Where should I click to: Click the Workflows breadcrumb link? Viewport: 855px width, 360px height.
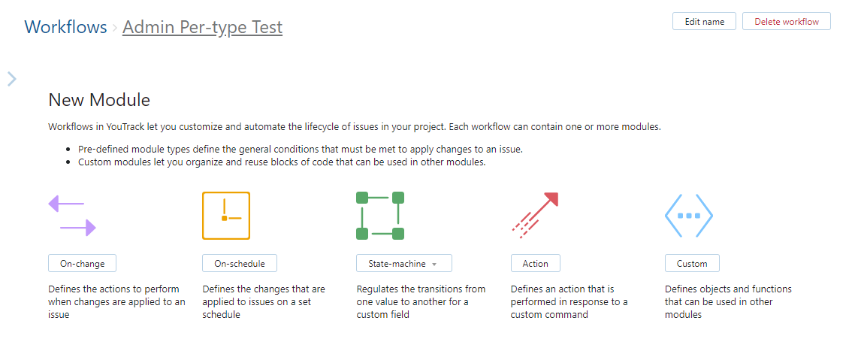[x=65, y=27]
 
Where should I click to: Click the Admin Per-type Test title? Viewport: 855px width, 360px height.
[x=202, y=27]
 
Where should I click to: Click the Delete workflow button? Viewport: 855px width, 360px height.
[x=786, y=22]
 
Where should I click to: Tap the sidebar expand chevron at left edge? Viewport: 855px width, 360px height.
[x=12, y=79]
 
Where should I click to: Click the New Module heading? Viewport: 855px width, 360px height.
[x=99, y=100]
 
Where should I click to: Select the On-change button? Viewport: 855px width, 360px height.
[x=82, y=263]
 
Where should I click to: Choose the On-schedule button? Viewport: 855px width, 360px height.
[x=239, y=263]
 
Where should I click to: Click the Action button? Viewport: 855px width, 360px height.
[x=535, y=263]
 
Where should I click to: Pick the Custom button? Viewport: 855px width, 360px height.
[x=691, y=263]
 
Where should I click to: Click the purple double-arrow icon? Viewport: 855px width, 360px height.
[x=72, y=216]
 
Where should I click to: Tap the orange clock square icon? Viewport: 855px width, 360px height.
[x=225, y=216]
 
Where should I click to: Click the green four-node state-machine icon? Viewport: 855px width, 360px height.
[x=380, y=216]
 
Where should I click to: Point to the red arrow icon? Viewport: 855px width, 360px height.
[x=535, y=215]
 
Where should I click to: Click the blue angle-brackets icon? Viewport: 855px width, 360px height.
[x=688, y=216]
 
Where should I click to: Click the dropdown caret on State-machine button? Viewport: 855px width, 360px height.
[x=434, y=264]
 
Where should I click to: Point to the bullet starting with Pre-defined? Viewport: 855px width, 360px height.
[x=300, y=149]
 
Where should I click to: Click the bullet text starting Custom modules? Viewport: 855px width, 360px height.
[x=282, y=162]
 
